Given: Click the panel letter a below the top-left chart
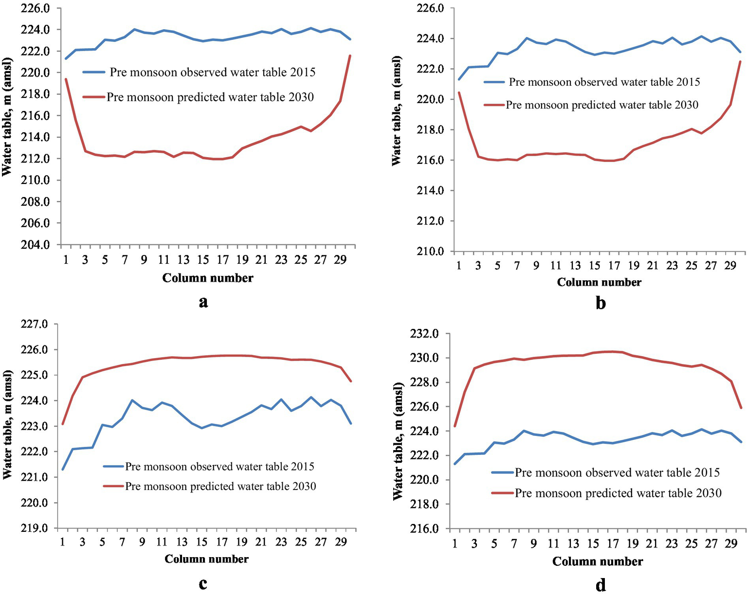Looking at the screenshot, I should coord(203,302).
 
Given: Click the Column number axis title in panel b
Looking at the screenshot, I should coord(599,282).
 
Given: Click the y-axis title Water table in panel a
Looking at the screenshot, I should coord(7,117).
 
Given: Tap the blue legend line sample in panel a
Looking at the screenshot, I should coord(94,72).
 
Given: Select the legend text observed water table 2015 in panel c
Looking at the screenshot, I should coord(219,466).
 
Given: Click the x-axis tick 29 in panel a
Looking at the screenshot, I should coord(340,260).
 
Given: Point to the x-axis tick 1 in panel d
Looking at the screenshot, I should coord(455,543).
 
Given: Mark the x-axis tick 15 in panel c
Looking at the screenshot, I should coord(201,542).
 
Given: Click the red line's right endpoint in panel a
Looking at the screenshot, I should coord(350,55).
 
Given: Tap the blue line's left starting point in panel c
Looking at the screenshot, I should coord(63,469).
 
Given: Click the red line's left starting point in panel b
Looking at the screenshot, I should coord(458,92).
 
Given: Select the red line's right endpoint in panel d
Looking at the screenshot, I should coord(741,408).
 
